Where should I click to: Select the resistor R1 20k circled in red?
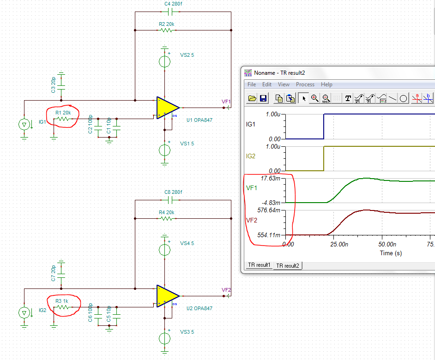63,119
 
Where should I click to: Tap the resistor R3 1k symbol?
63,307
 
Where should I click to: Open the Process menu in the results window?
305,84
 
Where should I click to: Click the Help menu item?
326,84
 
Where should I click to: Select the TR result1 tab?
259,265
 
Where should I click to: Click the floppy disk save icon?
263,98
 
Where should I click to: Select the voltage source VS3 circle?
164,338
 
